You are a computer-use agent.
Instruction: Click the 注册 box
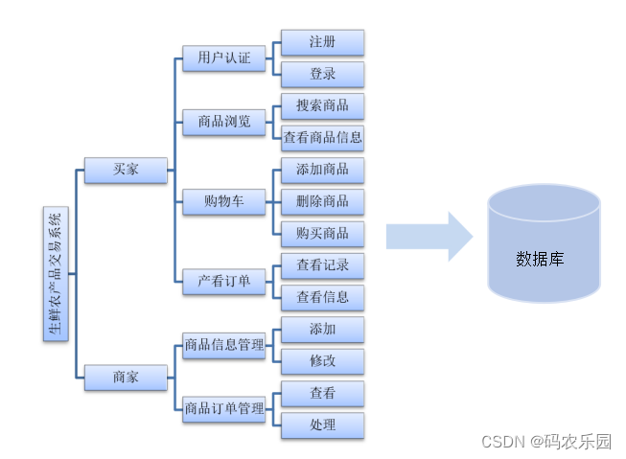(322, 42)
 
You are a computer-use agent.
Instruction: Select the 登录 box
(322, 74)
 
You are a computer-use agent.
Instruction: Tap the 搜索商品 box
(322, 105)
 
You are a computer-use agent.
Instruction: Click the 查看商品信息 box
(322, 137)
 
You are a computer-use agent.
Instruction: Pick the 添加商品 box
(322, 169)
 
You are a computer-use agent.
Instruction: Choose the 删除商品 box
(322, 201)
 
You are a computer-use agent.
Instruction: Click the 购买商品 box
(322, 233)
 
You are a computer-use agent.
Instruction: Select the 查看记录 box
(322, 264)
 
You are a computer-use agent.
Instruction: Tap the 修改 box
(322, 360)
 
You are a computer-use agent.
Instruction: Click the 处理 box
(322, 425)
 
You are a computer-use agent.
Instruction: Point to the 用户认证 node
(223, 58)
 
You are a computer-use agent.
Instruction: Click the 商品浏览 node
(223, 122)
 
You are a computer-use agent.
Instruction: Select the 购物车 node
(223, 201)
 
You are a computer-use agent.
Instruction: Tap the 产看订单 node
(223, 281)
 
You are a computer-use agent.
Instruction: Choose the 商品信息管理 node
(223, 345)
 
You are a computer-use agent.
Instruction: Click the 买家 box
(125, 170)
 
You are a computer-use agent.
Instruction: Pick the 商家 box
(125, 377)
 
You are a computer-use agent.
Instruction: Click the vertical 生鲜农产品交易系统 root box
(56, 273)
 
